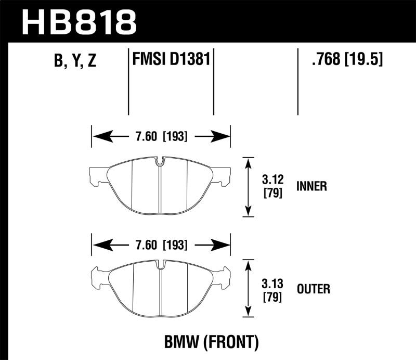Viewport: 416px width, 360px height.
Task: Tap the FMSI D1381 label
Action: click(171, 59)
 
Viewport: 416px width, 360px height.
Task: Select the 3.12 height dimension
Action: click(272, 180)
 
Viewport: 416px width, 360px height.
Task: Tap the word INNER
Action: click(311, 186)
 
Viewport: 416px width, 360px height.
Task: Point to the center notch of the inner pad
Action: click(160, 161)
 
